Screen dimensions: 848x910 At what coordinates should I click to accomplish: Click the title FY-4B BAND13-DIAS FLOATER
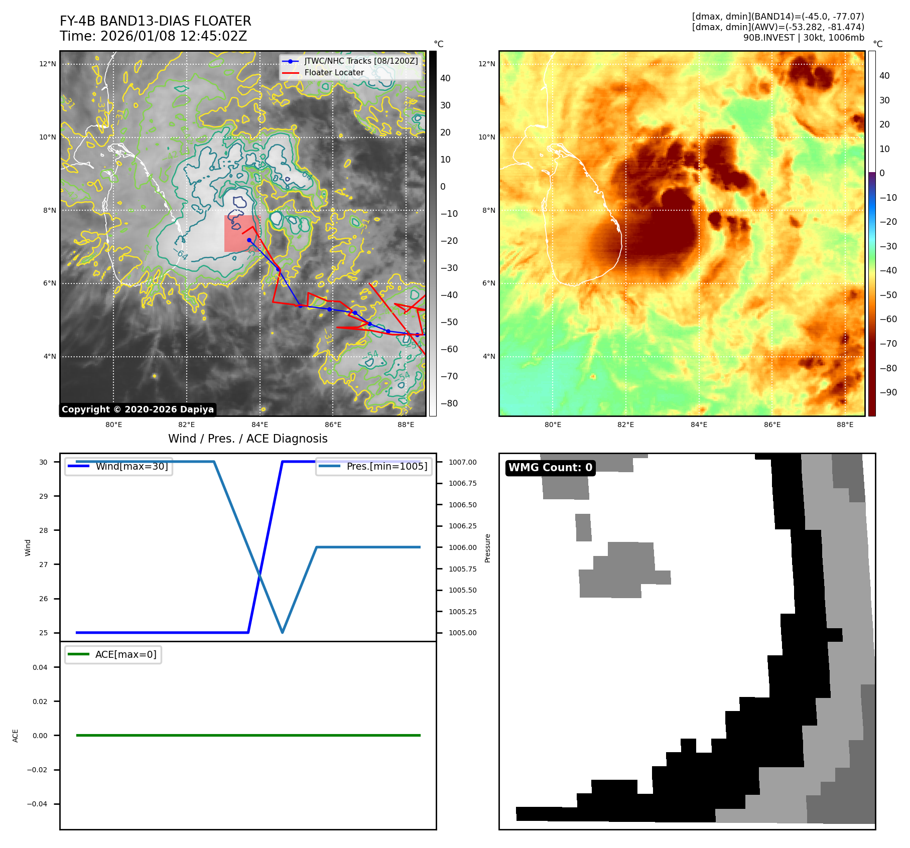point(155,21)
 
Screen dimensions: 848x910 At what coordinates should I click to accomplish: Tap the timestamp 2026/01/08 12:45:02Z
point(173,36)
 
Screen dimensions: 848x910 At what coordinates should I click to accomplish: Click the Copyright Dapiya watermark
point(138,409)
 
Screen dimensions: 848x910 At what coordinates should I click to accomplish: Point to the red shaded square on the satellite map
point(241,233)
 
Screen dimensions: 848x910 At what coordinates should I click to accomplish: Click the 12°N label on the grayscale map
point(48,64)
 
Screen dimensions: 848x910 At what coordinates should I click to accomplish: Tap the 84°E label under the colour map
point(699,425)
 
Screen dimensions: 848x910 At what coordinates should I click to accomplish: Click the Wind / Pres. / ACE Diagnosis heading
point(247,439)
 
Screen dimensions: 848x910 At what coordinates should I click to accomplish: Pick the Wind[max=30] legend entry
point(132,466)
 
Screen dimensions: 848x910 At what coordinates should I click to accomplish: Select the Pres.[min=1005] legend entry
point(386,466)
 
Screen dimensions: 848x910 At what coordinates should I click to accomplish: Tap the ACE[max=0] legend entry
point(125,654)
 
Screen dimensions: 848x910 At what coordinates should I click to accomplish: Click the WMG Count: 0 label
point(550,468)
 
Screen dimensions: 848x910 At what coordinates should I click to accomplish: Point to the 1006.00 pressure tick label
point(462,547)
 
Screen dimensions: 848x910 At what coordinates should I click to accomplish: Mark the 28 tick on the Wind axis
point(44,530)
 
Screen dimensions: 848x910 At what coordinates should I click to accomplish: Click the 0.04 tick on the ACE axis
point(40,667)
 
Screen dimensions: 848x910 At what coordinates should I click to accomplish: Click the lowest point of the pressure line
point(283,632)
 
